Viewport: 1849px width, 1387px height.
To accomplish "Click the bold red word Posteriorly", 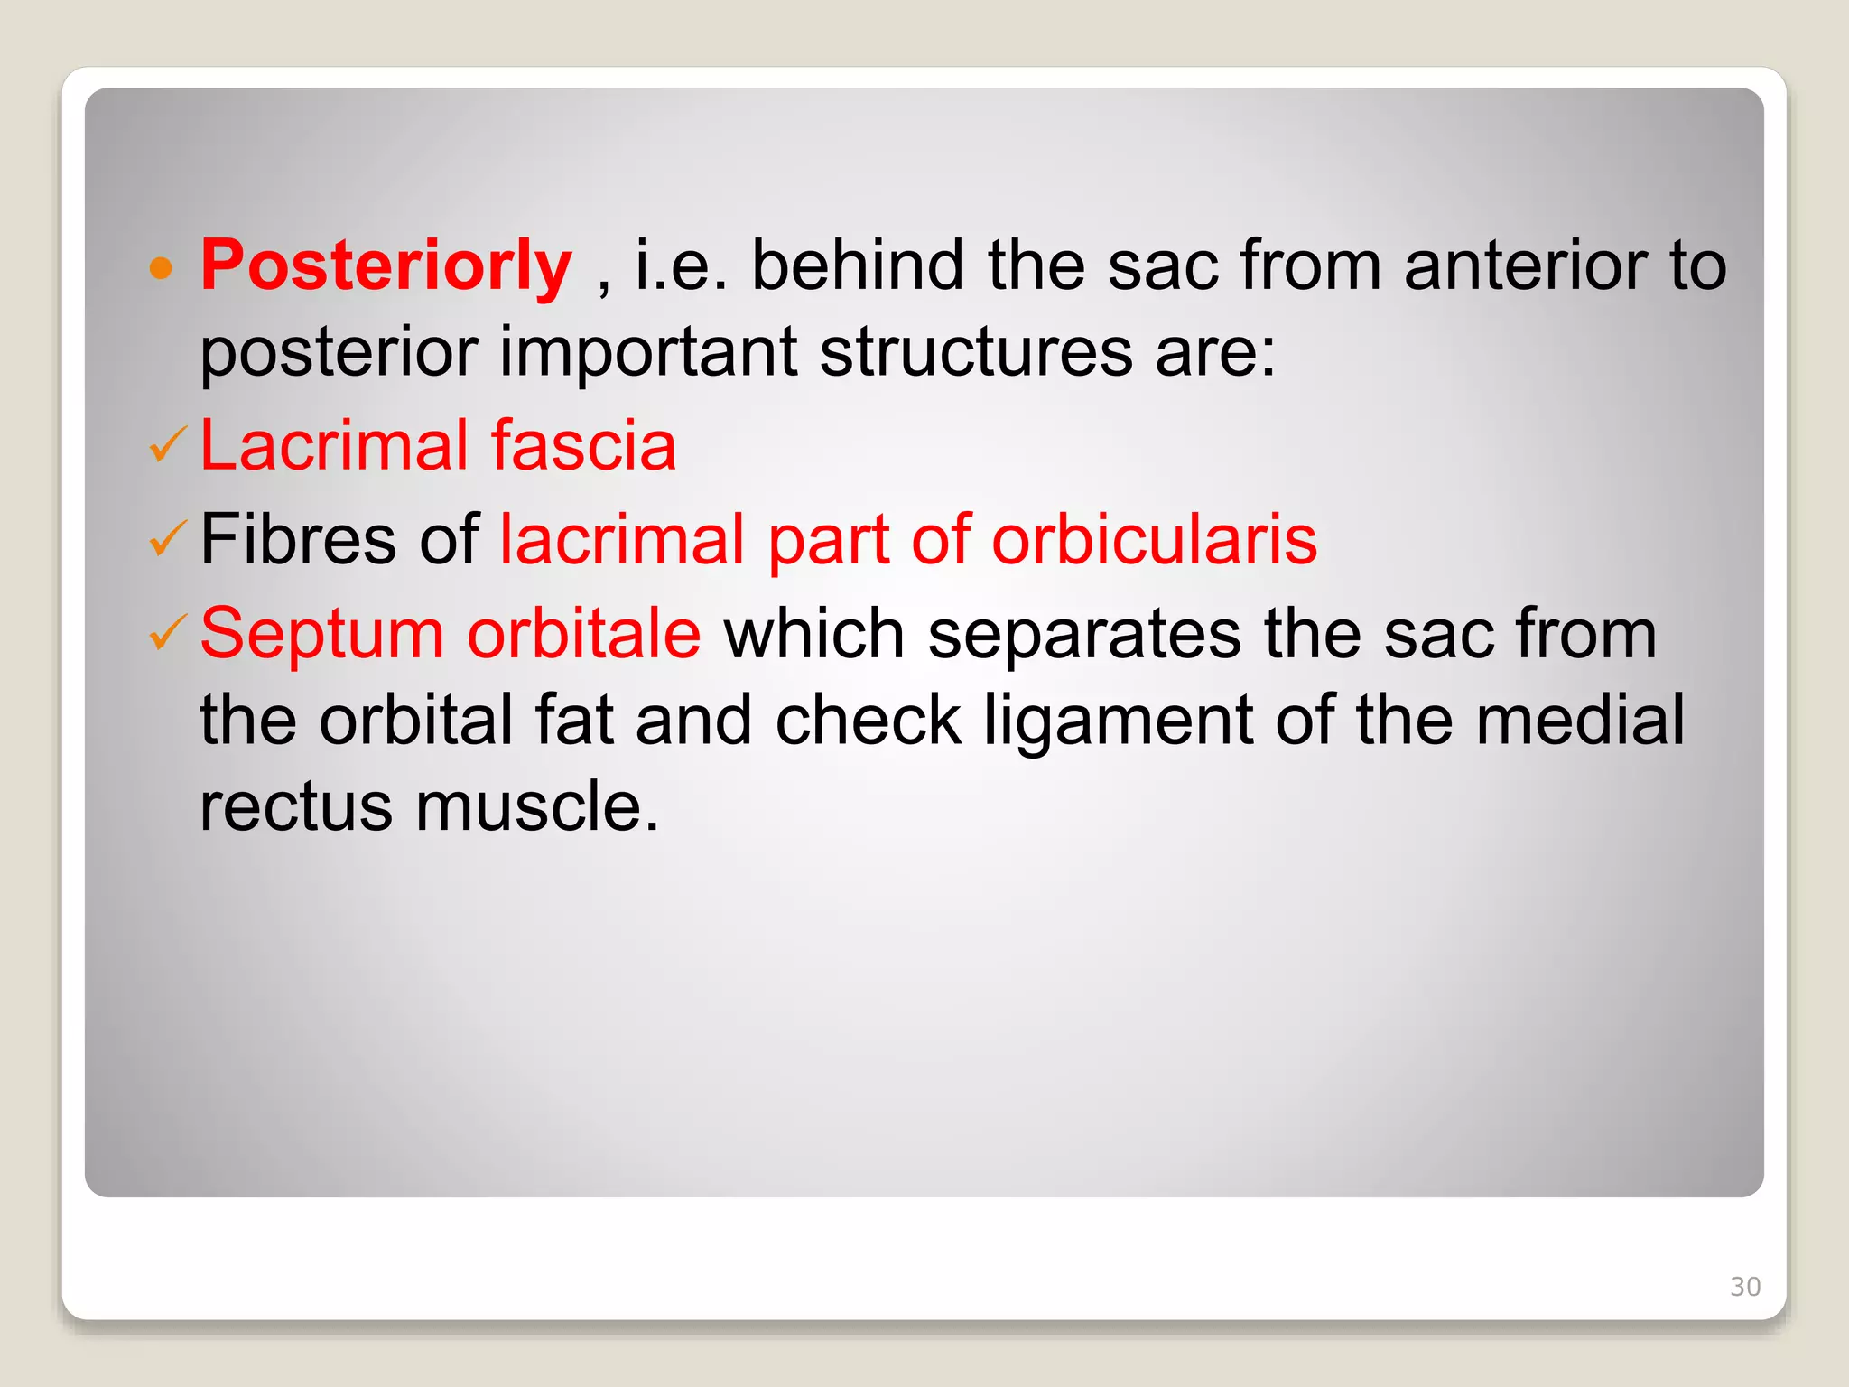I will coord(386,266).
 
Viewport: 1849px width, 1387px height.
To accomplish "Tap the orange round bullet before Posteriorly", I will coord(161,267).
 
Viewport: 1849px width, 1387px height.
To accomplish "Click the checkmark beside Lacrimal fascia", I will coord(167,444).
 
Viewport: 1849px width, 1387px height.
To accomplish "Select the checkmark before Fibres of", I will coord(167,538).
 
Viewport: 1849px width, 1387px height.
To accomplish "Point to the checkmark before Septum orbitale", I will coord(167,632).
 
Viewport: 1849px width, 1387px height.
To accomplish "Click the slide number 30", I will coord(1744,1287).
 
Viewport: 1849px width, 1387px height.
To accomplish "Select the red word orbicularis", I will coord(1154,539).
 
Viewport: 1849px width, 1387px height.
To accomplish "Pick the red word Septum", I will coord(321,635).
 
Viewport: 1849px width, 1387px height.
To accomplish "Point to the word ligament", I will coord(1118,721).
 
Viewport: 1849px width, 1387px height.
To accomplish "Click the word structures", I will coord(976,352).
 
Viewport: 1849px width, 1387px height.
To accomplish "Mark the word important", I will coord(648,353).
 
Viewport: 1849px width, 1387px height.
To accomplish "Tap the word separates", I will coord(1084,635).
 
